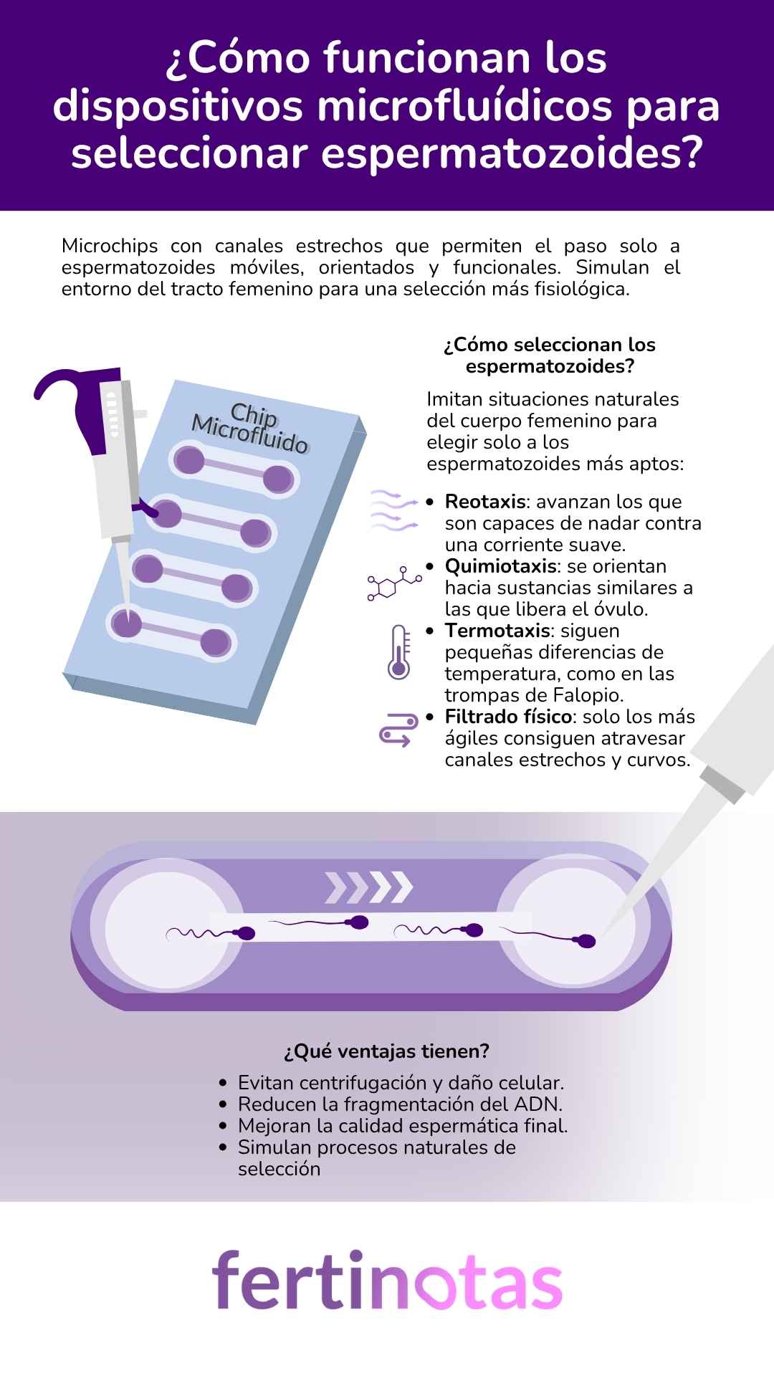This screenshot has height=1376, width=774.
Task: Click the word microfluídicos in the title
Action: pyautogui.click(x=465, y=106)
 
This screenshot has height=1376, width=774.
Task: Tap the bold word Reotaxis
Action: pyautogui.click(x=485, y=502)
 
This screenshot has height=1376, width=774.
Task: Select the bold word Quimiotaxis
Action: pyautogui.click(x=500, y=566)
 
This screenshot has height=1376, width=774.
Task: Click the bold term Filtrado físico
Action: pyautogui.click(x=508, y=717)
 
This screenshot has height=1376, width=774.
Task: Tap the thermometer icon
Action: pyautogui.click(x=398, y=652)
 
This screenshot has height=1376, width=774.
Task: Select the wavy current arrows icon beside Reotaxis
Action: pyautogui.click(x=393, y=510)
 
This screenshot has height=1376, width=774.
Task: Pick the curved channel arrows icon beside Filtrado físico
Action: pyautogui.click(x=398, y=730)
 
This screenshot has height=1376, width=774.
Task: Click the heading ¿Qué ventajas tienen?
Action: pyautogui.click(x=386, y=1051)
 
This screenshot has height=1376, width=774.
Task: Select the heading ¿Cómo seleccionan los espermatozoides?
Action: pyautogui.click(x=550, y=355)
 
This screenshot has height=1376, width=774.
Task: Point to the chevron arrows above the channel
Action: pyautogui.click(x=369, y=887)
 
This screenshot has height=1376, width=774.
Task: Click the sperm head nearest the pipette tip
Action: pyautogui.click(x=587, y=942)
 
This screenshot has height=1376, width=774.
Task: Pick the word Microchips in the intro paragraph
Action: pyautogui.click(x=110, y=246)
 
